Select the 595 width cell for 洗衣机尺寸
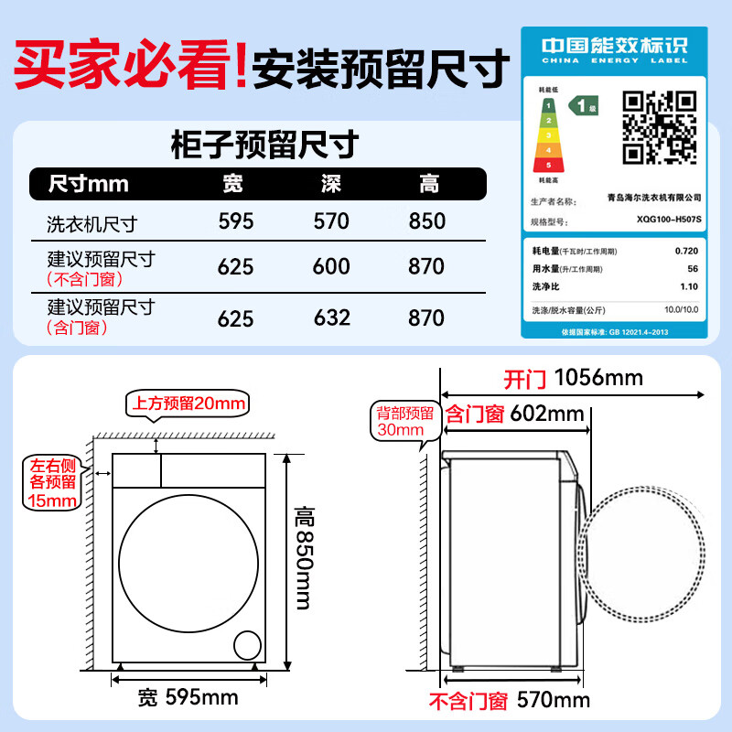tap(236, 221)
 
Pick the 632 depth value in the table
tap(331, 317)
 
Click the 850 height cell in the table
tap(427, 221)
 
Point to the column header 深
tap(331, 185)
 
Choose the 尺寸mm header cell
tap(89, 185)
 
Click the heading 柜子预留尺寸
tap(264, 145)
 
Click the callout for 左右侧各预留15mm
tap(51, 482)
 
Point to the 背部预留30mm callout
tap(400, 420)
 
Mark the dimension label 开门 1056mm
tap(573, 378)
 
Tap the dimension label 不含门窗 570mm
tap(510, 702)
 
